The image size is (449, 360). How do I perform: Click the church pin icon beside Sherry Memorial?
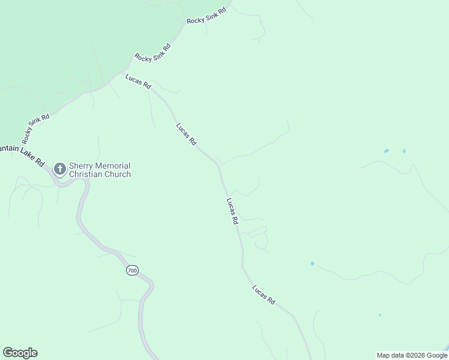point(59,169)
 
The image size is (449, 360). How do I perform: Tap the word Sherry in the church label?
point(81,166)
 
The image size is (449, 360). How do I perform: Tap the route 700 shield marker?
point(132,271)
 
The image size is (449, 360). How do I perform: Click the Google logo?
point(20,353)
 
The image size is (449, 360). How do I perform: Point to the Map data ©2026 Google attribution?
point(411,355)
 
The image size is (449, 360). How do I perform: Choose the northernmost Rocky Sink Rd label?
point(206,16)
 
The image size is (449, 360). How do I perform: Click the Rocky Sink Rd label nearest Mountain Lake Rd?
point(35,128)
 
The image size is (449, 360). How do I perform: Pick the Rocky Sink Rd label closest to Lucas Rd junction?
point(153,53)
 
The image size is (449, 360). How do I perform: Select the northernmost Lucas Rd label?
point(138,81)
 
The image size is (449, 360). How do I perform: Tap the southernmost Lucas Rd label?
point(264,295)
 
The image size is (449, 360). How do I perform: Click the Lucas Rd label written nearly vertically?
point(232,211)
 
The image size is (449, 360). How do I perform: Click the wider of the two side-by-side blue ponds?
point(386,151)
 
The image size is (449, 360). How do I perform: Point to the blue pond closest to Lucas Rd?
point(312,263)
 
